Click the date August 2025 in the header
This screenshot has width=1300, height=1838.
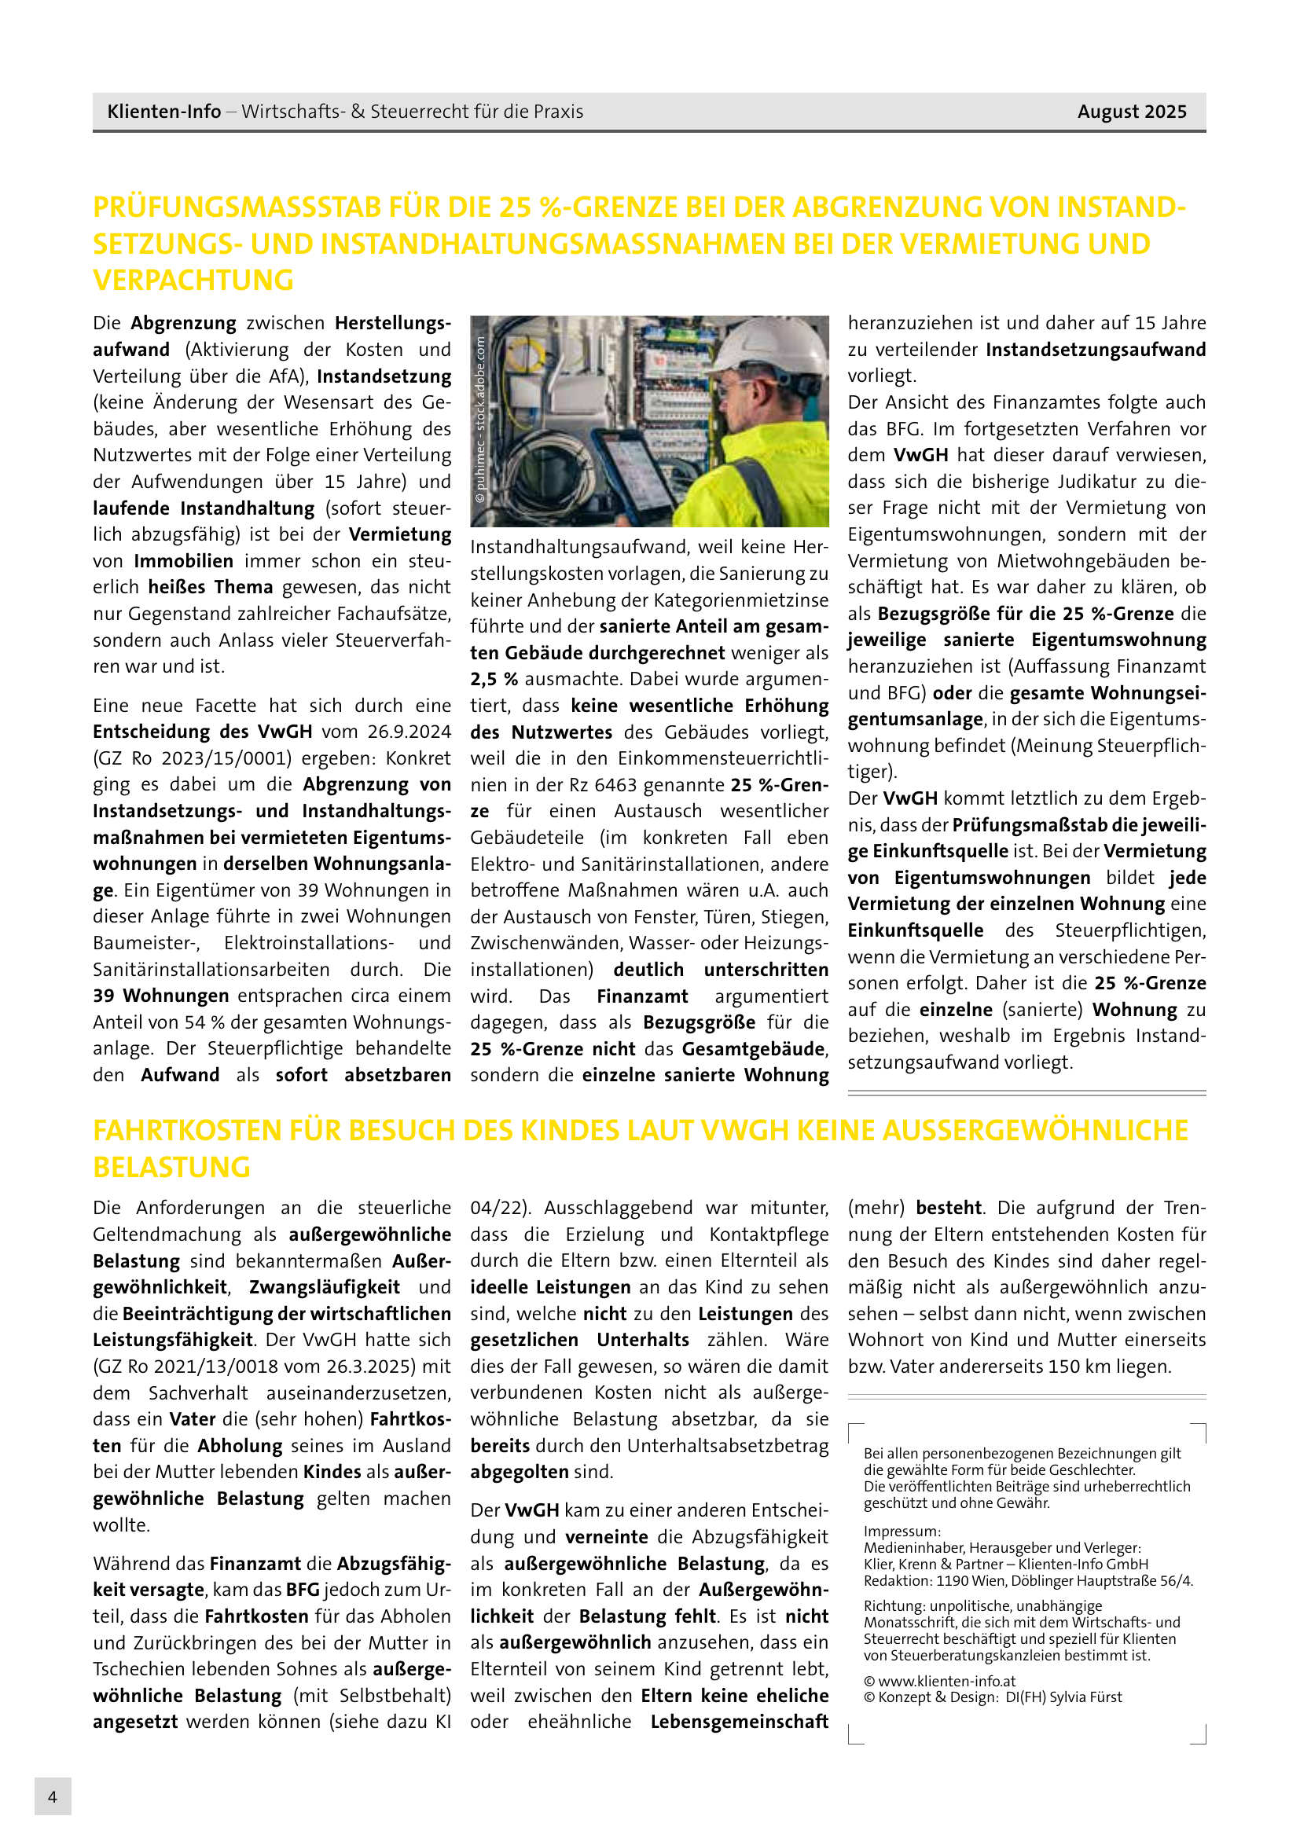1131,112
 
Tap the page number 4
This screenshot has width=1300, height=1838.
52,1796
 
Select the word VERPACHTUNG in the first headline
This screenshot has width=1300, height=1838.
193,281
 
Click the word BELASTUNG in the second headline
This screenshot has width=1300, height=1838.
171,1167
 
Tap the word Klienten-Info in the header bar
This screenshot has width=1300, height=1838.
163,112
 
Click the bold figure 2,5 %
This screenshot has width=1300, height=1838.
494,679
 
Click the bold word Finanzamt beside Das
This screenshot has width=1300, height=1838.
642,996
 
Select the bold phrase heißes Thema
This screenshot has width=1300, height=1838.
211,587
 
